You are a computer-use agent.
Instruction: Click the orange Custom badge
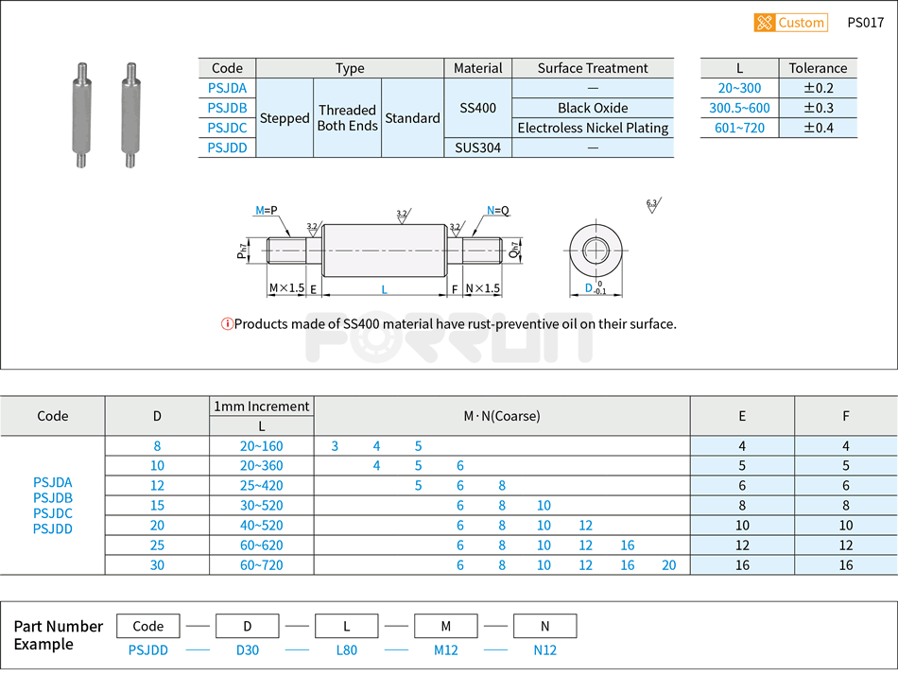790,23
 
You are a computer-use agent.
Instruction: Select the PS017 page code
865,23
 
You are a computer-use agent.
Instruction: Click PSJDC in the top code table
227,128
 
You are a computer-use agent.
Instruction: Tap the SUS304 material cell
477,147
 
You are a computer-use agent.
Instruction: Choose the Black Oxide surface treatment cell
593,108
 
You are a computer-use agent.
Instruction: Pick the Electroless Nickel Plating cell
593,128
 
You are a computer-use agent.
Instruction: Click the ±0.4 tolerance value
818,128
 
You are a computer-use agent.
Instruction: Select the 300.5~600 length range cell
739,108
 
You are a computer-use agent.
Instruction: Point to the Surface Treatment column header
593,68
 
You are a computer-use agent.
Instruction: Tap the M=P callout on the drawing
268,211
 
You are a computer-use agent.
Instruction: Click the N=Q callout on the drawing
497,211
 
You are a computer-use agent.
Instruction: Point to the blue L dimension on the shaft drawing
384,289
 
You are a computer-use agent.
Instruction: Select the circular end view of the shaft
596,251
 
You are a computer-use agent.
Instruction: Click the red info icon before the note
227,324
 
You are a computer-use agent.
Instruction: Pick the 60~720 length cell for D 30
261,565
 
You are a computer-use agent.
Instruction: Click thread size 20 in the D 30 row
669,565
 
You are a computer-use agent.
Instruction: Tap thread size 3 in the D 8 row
335,446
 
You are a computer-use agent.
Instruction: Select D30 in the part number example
247,650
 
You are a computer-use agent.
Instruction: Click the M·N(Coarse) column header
501,416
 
